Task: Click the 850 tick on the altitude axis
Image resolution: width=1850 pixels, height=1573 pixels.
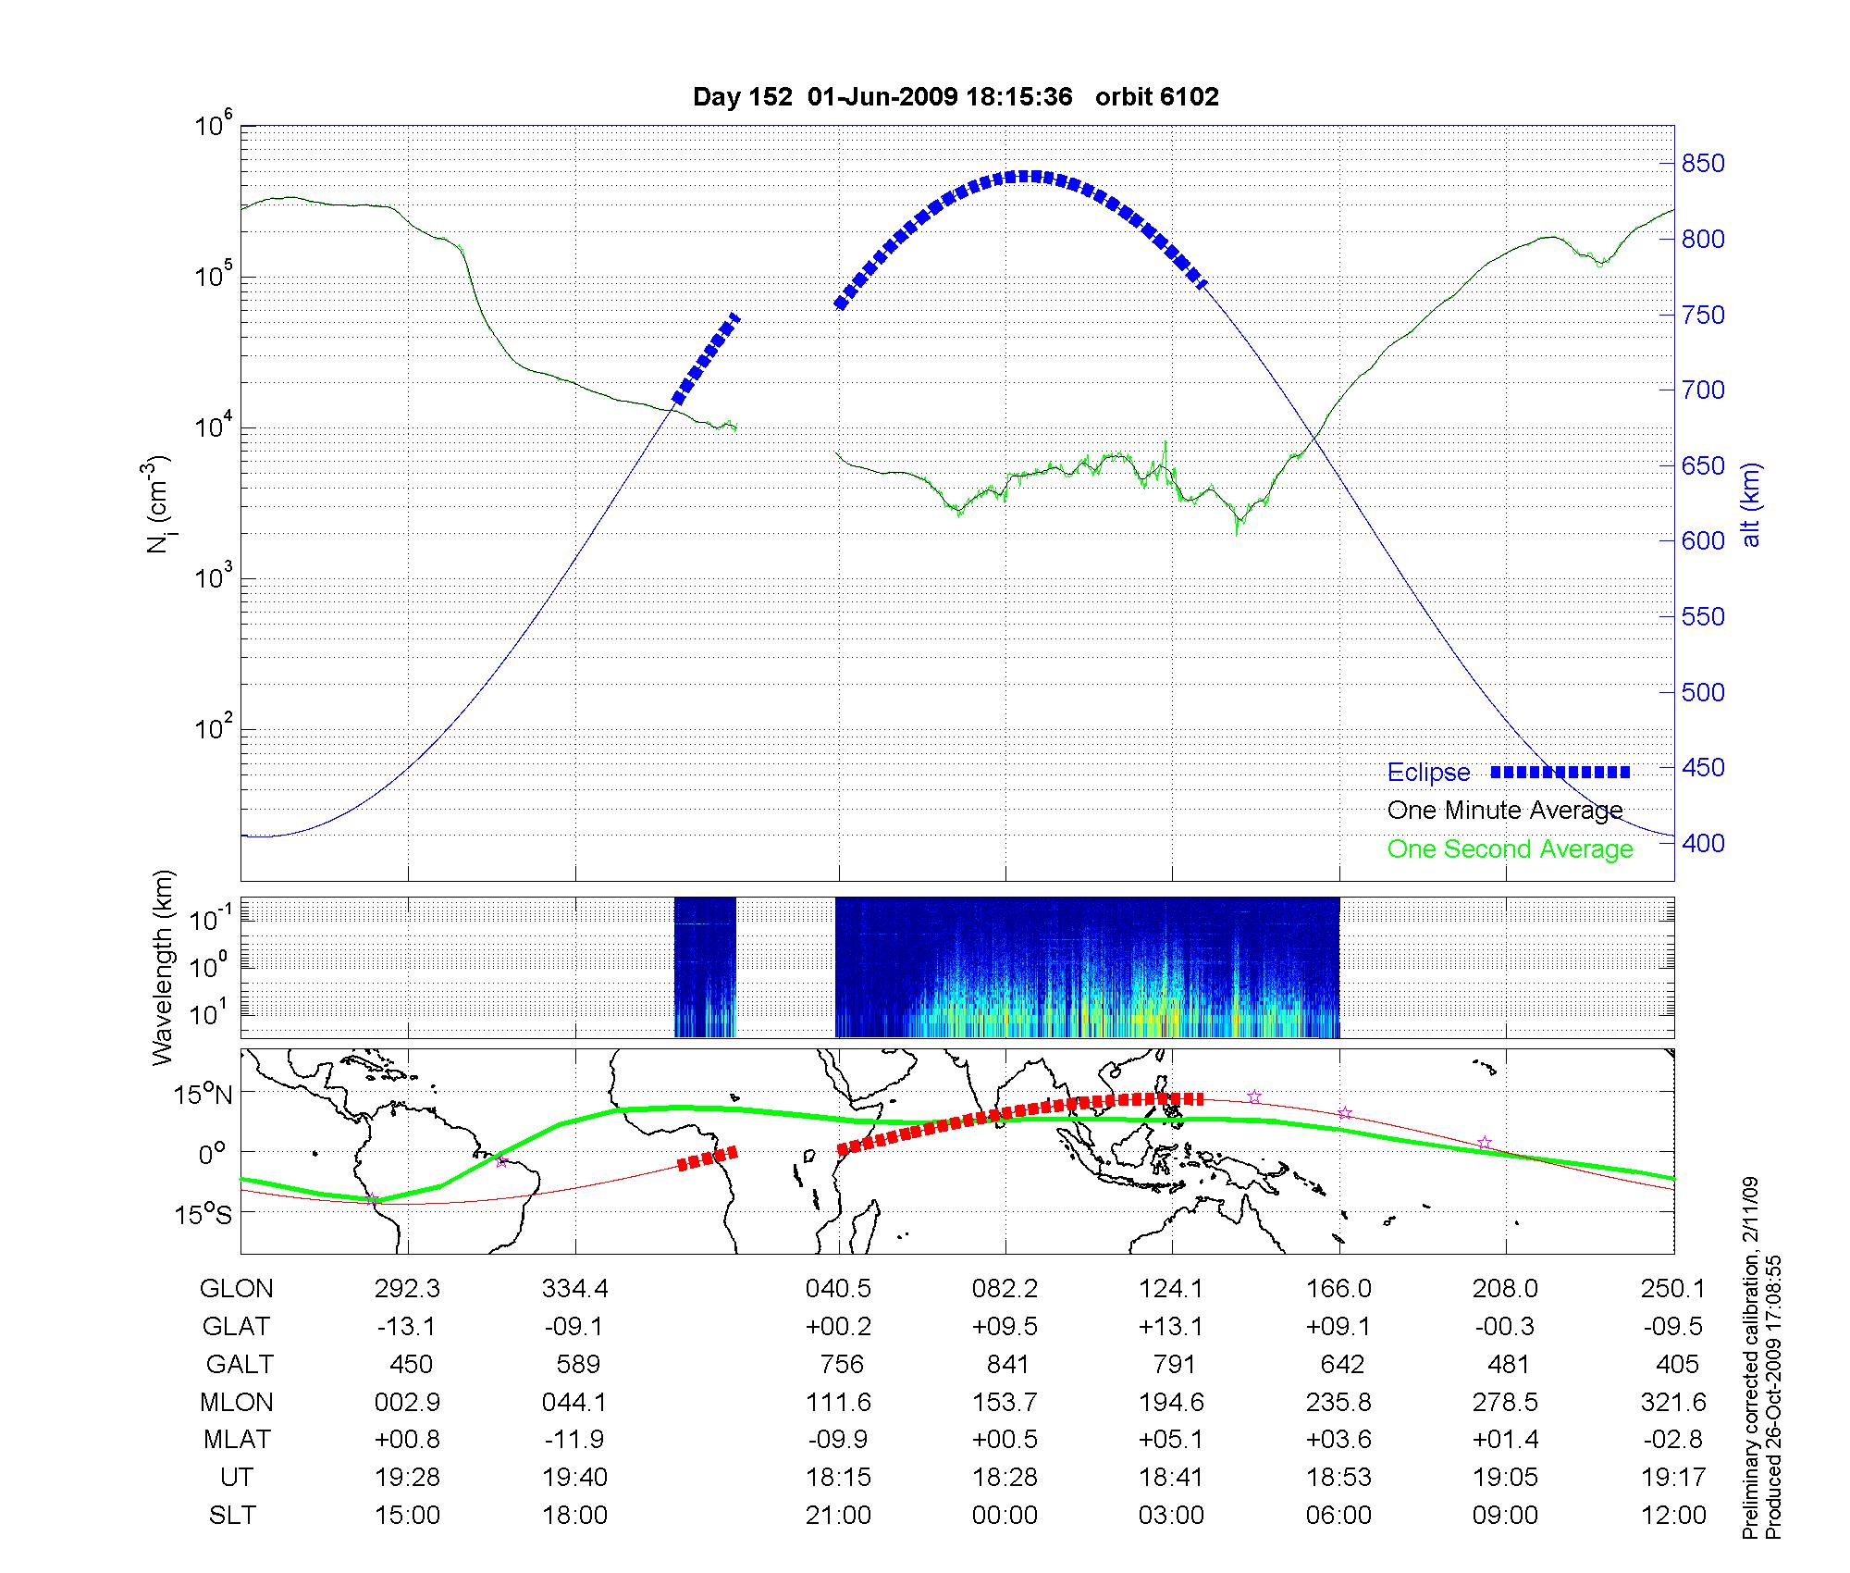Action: (1703, 164)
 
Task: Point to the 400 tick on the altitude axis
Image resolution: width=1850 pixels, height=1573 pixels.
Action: (1703, 843)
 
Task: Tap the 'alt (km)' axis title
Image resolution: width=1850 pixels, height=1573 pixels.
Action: (1751, 504)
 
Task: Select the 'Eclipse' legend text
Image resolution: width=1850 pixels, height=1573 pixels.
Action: (1428, 773)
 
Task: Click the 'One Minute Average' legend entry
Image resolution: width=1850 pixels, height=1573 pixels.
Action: (1505, 811)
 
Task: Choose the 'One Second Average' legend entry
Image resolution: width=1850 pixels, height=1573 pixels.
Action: (1510, 849)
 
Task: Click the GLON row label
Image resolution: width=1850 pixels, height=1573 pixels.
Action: (236, 1288)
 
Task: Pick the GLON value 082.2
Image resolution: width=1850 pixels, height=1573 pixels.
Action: (1005, 1288)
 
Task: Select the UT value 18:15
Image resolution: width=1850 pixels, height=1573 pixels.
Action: (838, 1477)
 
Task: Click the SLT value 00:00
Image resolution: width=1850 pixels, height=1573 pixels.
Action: (1005, 1515)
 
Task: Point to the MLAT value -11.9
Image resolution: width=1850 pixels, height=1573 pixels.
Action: (573, 1439)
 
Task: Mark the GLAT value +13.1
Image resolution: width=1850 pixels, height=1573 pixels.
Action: (1171, 1326)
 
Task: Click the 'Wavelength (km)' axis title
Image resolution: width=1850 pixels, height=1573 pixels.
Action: (163, 967)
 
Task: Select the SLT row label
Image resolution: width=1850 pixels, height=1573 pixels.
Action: (232, 1515)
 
